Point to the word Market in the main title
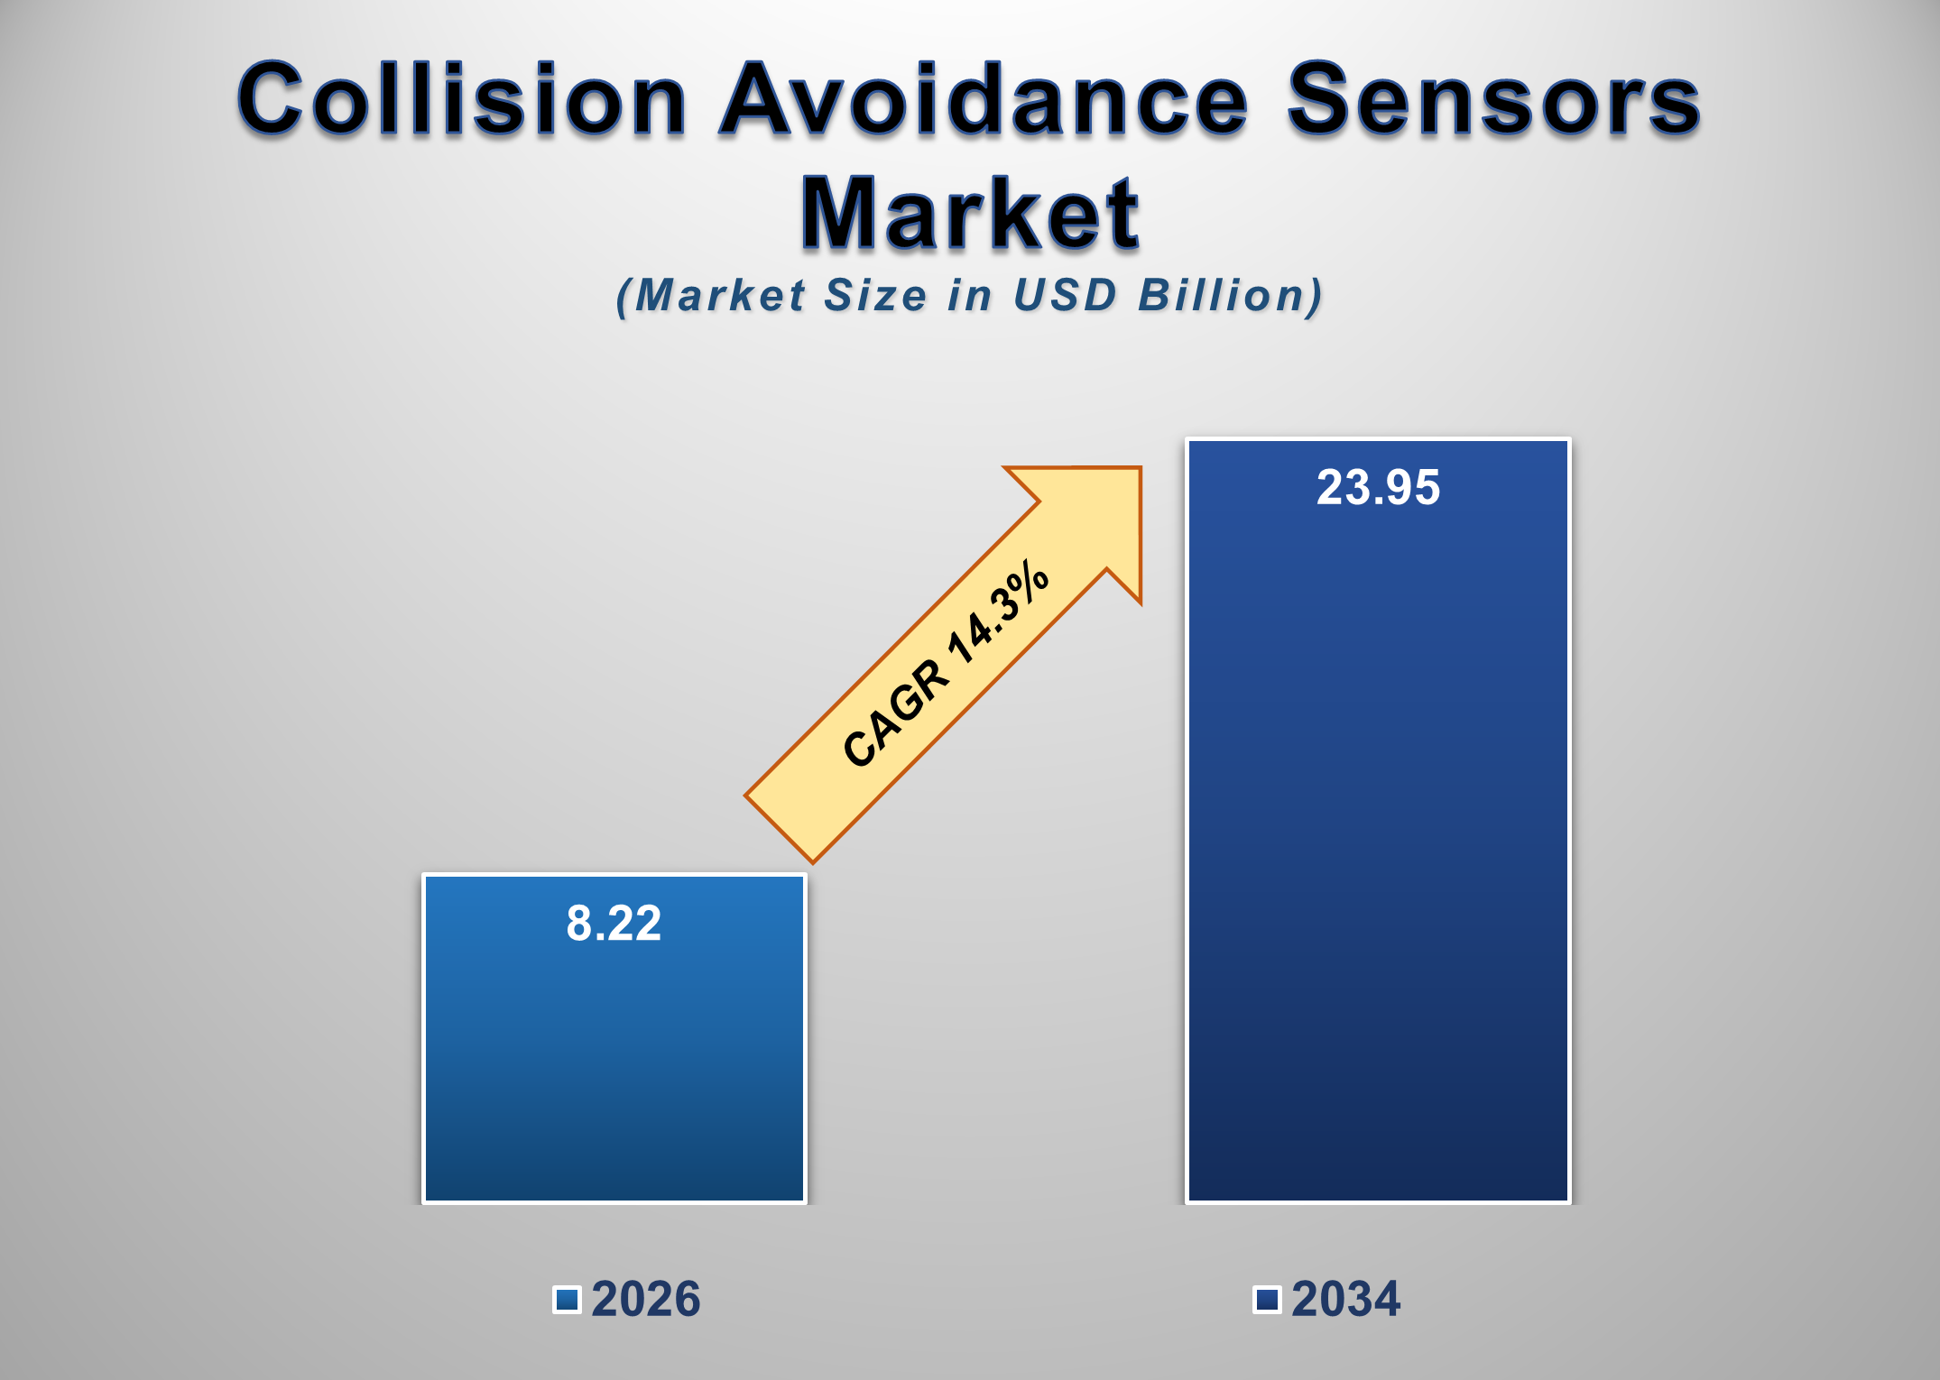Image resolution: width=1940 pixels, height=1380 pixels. click(x=970, y=214)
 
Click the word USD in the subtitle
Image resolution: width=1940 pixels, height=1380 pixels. click(x=1065, y=296)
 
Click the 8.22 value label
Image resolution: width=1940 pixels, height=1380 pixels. click(x=614, y=924)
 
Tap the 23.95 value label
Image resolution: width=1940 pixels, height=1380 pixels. click(x=1378, y=488)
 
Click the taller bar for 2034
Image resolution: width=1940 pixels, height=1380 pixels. click(x=1378, y=857)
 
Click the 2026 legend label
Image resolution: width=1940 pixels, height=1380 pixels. click(x=645, y=1300)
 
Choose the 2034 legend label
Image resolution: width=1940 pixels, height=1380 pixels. click(x=1345, y=1300)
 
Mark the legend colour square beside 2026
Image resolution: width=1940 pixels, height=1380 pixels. click(x=567, y=1300)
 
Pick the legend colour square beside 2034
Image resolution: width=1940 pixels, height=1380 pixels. click(x=1267, y=1300)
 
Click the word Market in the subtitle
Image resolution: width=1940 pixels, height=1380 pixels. click(x=720, y=296)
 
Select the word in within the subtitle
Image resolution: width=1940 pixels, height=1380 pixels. click(x=970, y=296)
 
